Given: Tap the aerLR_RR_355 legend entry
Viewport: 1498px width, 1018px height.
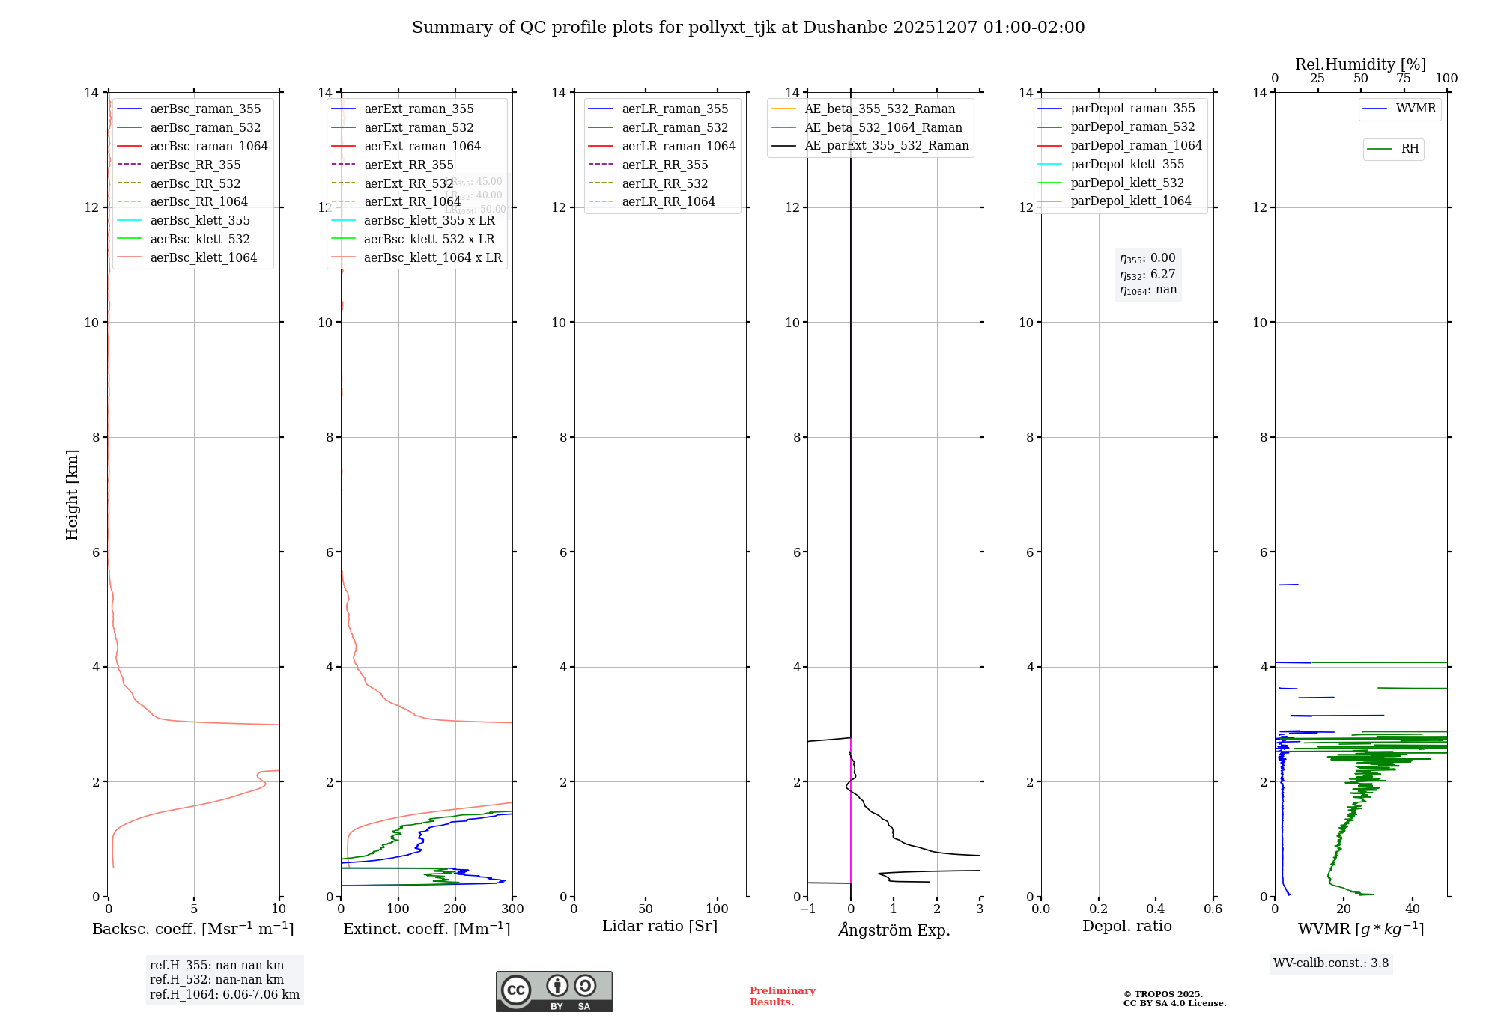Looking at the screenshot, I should pos(664,165).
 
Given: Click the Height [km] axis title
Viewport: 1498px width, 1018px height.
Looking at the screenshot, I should pos(72,494).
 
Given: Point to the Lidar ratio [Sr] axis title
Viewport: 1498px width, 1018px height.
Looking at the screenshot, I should pos(660,926).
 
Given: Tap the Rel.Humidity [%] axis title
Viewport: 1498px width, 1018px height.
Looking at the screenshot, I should pos(1360,64).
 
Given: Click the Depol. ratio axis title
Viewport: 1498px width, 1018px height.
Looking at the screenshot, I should pos(1126,926).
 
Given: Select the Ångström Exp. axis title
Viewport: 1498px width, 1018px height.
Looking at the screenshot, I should pos(894,930).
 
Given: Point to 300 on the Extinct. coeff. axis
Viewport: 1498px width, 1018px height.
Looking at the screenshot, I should pos(513,909).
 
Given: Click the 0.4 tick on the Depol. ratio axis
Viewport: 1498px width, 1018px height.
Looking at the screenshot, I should pos(1156,909).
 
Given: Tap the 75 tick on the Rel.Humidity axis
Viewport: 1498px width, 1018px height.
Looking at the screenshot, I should pos(1404,79).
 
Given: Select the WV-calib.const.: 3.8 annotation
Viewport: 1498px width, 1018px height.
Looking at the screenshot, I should pos(1331,963).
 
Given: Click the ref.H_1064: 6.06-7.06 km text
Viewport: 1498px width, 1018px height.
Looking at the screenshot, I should pos(225,994).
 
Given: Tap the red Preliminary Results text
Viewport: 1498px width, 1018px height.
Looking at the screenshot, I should pos(782,996).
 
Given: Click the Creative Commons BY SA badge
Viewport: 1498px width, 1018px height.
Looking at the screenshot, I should pos(554,991).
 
